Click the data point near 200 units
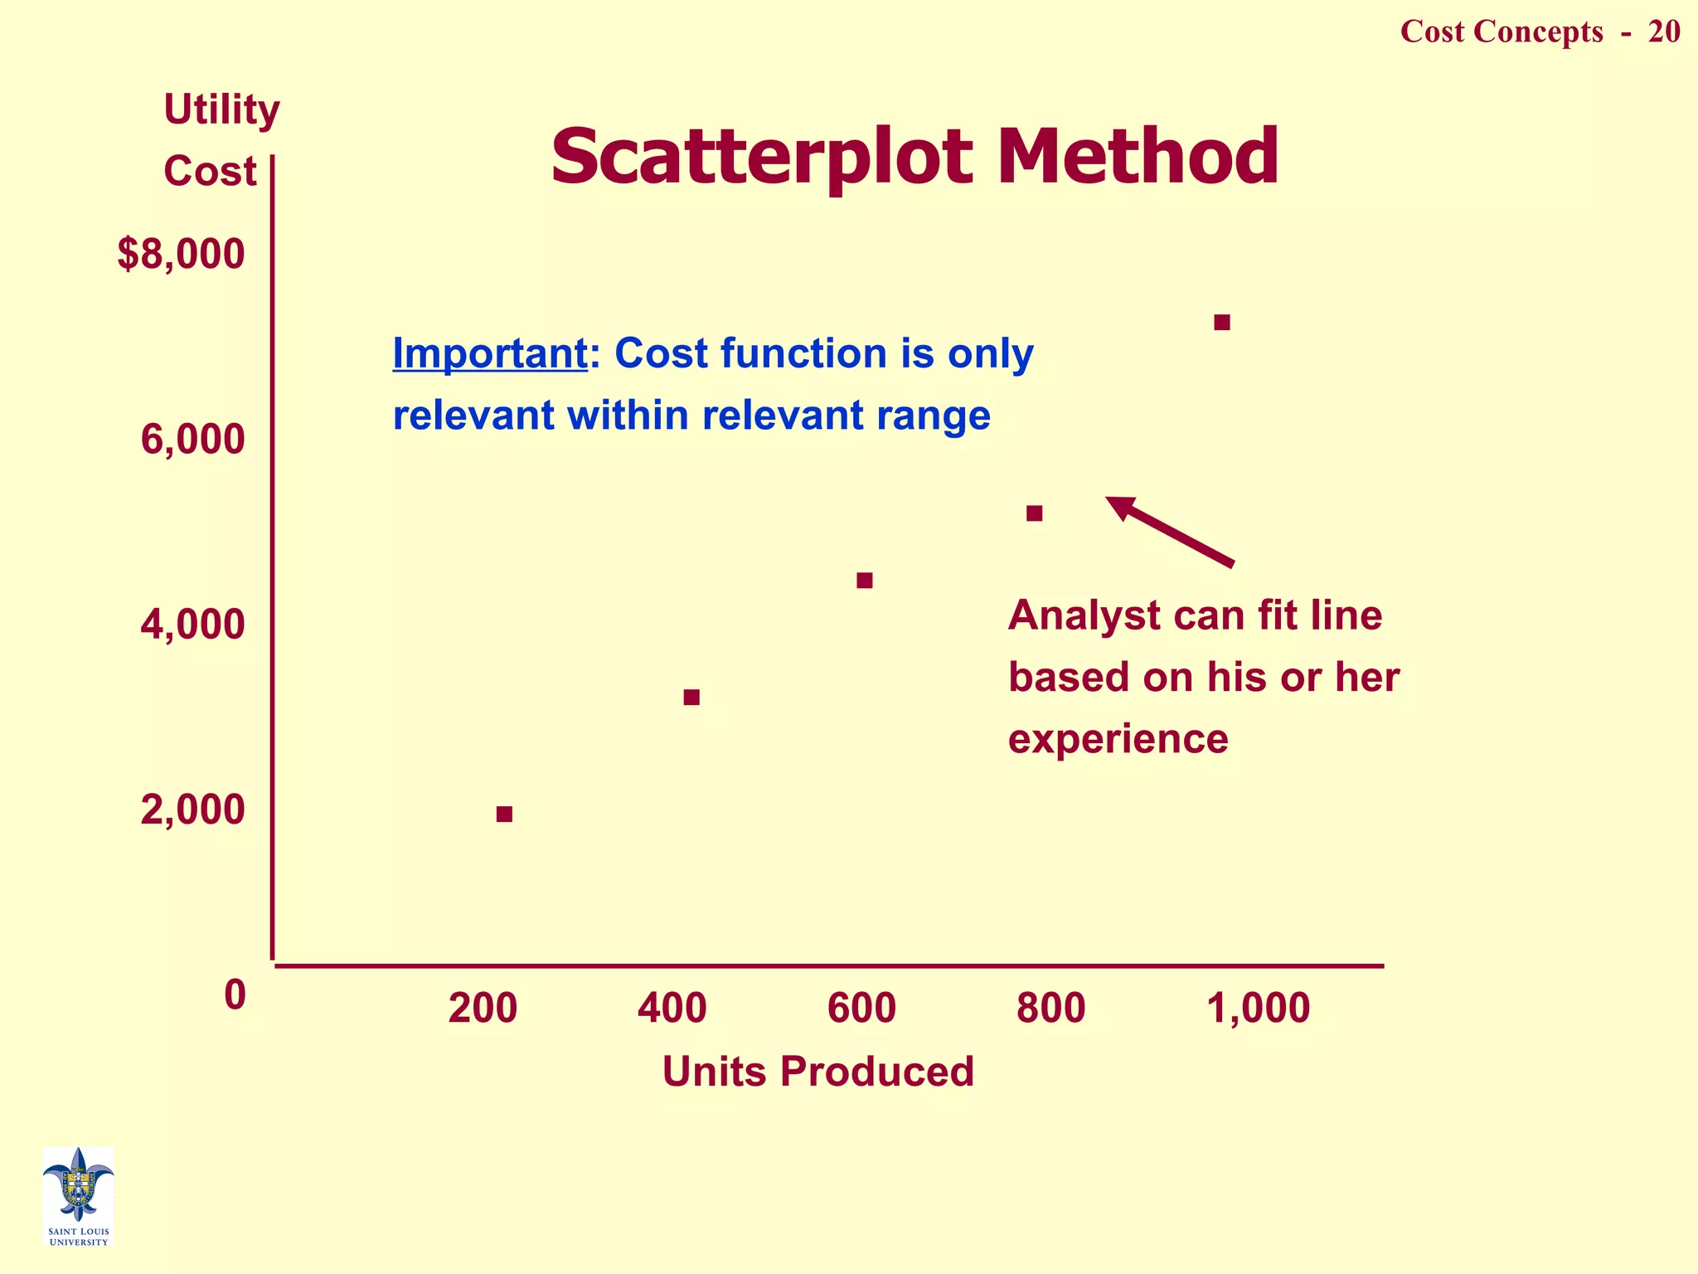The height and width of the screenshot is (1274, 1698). point(504,814)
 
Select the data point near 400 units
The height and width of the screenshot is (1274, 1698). point(691,697)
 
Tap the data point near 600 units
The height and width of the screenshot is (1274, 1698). point(865,580)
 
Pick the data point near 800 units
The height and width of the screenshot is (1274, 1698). point(1034,513)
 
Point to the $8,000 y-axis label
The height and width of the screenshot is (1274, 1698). point(181,255)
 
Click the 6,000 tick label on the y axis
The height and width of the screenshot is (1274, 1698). point(192,440)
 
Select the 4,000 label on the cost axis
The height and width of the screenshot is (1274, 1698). point(192,625)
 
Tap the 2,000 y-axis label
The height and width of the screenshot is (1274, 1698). point(192,810)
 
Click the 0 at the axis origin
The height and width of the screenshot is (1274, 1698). point(235,994)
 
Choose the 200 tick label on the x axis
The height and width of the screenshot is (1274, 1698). point(483,1009)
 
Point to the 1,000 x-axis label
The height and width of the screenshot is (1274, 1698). point(1258,1009)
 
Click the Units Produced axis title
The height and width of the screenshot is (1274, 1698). point(817,1071)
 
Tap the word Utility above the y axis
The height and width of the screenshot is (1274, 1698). point(221,109)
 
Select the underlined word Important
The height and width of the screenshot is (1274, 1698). point(489,353)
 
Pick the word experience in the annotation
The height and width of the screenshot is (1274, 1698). point(1118,738)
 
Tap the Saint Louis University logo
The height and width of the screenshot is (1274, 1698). point(78,1195)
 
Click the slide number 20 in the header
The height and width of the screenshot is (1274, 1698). point(1663,32)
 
